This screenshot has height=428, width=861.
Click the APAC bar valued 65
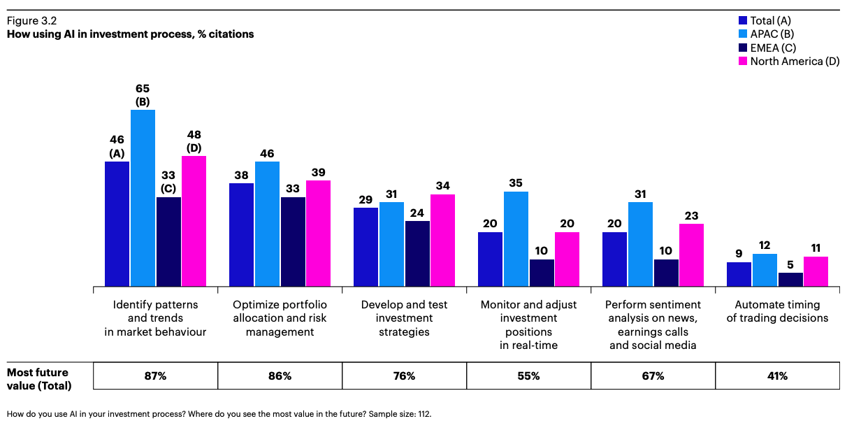pos(143,198)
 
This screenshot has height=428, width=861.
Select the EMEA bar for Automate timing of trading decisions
pos(790,279)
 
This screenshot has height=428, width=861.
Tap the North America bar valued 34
pos(442,241)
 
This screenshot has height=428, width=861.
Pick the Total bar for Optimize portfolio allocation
pos(241,235)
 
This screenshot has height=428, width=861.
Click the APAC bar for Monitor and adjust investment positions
pos(516,238)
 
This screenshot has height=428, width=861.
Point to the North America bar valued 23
pos(691,255)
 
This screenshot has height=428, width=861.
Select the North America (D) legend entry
pos(789,61)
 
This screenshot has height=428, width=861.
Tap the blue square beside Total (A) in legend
pos(744,21)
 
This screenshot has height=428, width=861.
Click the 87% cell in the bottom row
pos(155,376)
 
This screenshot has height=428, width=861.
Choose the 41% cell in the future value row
pos(777,376)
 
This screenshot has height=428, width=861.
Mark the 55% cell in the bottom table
pos(528,376)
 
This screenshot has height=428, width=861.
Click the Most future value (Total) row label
pos(39,378)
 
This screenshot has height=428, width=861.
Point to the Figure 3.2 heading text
pos(31,21)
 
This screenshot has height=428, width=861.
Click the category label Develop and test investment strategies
pos(404,318)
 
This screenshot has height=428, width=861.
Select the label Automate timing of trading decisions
pos(777,311)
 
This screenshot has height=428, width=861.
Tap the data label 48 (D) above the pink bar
pos(194,140)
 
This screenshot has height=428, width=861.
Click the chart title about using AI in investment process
pos(130,34)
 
